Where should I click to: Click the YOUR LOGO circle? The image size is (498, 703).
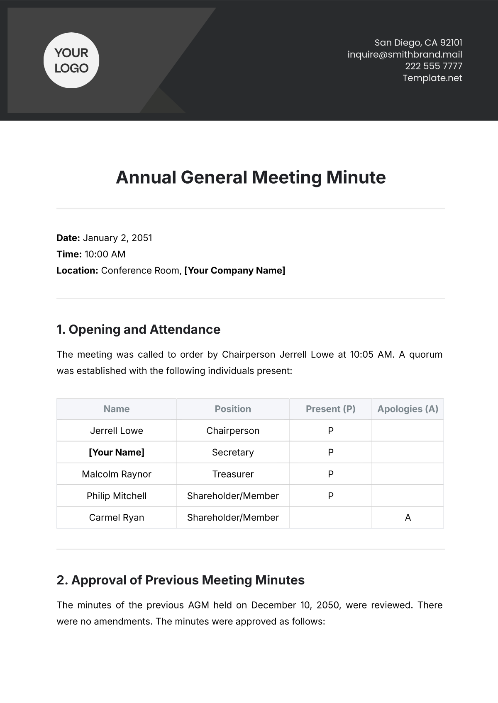pyautogui.click(x=71, y=61)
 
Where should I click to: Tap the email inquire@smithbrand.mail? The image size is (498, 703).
pyautogui.click(x=405, y=54)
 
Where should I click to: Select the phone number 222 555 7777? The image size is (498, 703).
pyautogui.click(x=433, y=66)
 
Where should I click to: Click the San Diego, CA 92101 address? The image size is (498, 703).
pyautogui.click(x=418, y=42)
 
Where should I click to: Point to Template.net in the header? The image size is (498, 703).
pyautogui.click(x=432, y=78)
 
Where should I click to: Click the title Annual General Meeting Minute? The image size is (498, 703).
pyautogui.click(x=251, y=177)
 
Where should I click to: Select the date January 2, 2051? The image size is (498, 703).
pyautogui.click(x=117, y=238)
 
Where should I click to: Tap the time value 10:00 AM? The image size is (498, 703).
pyautogui.click(x=105, y=254)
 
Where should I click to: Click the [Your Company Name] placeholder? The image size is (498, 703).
pyautogui.click(x=234, y=271)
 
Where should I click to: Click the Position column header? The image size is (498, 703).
pyautogui.click(x=233, y=409)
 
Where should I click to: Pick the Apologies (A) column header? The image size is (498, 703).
pyautogui.click(x=408, y=409)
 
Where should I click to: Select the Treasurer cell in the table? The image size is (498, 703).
pyautogui.click(x=233, y=474)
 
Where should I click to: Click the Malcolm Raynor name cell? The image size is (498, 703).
pyautogui.click(x=117, y=474)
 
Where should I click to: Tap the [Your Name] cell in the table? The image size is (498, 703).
pyautogui.click(x=117, y=452)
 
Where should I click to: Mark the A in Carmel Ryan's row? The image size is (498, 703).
pyautogui.click(x=408, y=517)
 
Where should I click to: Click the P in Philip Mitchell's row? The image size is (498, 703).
pyautogui.click(x=331, y=496)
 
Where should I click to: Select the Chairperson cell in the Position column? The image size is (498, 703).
pyautogui.click(x=233, y=431)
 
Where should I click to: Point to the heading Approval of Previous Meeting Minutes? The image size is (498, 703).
pyautogui.click(x=181, y=580)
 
